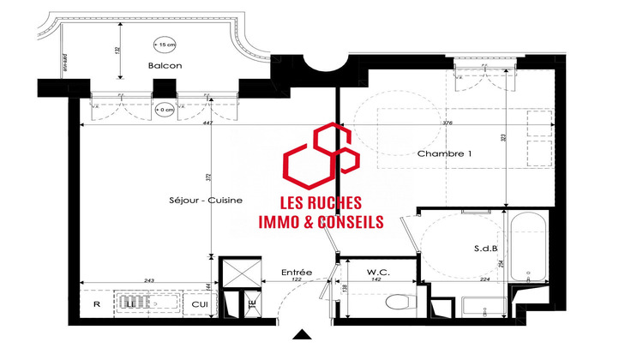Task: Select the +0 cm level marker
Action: (x=164, y=110)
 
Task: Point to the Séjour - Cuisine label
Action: (x=207, y=200)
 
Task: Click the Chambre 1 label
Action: (x=445, y=153)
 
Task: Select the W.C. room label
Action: (x=378, y=272)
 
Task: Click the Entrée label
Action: (x=296, y=273)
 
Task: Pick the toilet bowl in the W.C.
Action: (x=396, y=302)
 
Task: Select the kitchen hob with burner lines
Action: (x=132, y=303)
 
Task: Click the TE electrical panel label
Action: (x=251, y=303)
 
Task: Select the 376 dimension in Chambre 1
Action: (x=446, y=123)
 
